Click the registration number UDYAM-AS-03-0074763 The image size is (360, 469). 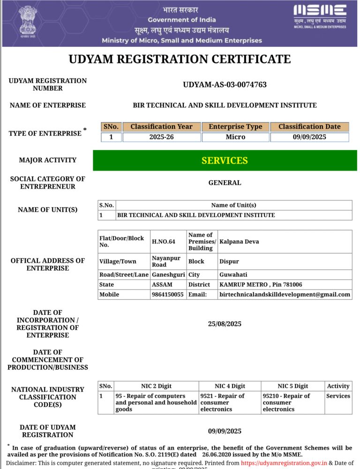click(x=225, y=85)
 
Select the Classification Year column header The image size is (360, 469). click(x=161, y=127)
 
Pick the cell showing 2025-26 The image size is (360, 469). click(x=161, y=137)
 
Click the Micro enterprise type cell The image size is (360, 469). click(x=235, y=137)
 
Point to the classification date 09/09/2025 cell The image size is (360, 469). click(x=309, y=137)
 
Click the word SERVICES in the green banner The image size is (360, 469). click(x=225, y=160)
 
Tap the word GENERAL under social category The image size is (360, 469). click(x=225, y=183)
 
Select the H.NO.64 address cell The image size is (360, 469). click(x=164, y=242)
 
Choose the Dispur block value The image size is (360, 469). click(x=229, y=261)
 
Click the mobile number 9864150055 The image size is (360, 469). click(x=168, y=295)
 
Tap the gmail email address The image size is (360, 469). click(x=285, y=295)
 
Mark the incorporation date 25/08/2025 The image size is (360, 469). click(x=225, y=324)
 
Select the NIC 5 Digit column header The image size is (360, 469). click(x=292, y=386)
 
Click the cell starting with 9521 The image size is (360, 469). click(x=229, y=402)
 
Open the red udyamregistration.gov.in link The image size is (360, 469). click(x=284, y=463)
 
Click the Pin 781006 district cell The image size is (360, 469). click(x=261, y=285)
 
